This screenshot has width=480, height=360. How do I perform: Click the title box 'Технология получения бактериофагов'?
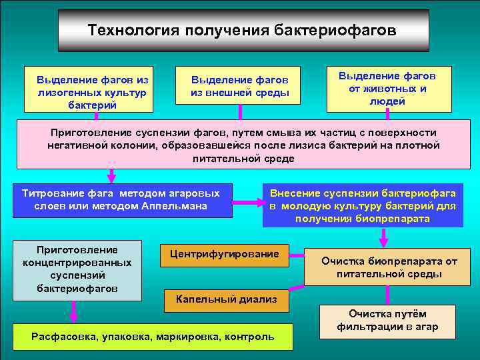[x=243, y=31]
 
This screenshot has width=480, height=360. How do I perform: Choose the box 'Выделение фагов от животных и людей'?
[x=388, y=89]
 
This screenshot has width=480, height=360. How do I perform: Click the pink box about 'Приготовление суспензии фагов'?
[x=243, y=145]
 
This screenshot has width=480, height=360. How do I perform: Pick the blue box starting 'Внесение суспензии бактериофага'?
[x=363, y=205]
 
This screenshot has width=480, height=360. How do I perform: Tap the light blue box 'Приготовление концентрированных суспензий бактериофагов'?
[x=79, y=269]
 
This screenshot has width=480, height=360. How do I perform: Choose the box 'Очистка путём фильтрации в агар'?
[x=387, y=321]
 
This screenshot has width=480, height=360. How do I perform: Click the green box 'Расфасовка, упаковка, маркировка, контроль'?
[x=153, y=336]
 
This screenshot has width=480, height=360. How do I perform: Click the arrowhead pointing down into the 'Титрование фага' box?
[x=111, y=178]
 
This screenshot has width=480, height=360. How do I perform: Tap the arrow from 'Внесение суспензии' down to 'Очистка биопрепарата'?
[x=383, y=237]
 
